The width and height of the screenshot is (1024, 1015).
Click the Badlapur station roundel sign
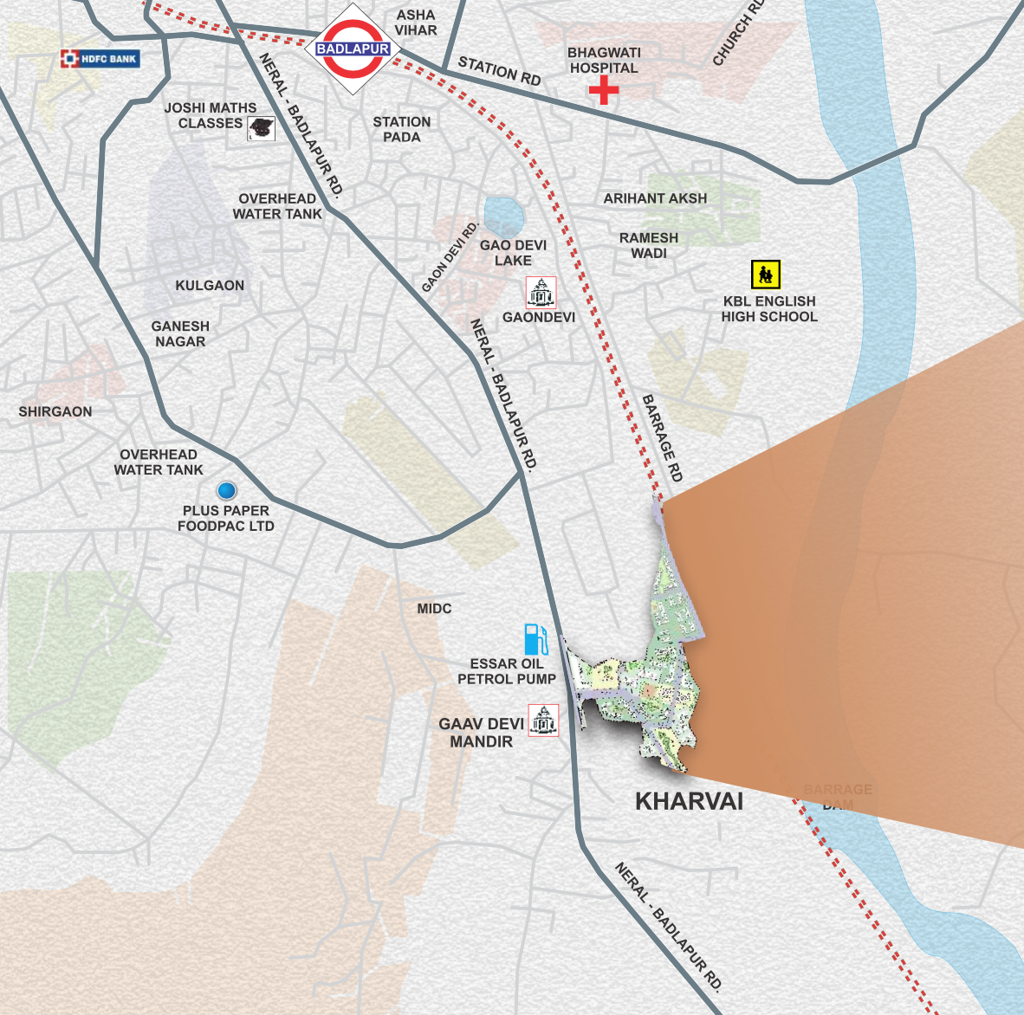point(353,49)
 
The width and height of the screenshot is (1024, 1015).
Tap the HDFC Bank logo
point(99,59)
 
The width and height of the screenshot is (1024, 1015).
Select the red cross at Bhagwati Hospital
point(604,90)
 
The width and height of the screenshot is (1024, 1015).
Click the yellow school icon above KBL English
point(765,275)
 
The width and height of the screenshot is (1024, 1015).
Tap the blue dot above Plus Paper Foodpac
point(226,491)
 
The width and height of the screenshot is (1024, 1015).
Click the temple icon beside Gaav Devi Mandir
point(543,721)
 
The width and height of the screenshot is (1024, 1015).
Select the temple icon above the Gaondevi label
point(541,293)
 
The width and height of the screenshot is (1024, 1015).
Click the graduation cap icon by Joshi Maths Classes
point(261,128)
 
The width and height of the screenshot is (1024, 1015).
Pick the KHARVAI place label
point(689,801)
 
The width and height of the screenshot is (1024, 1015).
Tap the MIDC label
point(434,609)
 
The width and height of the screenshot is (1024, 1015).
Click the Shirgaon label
point(55,411)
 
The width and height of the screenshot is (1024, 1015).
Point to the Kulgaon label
point(210,285)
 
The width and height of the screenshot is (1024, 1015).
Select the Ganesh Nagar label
point(180,333)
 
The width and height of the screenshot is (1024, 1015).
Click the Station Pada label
point(402,129)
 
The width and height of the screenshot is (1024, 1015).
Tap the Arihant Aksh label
point(655,198)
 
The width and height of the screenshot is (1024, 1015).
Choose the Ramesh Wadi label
point(649,245)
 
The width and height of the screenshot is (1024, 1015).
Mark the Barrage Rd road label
point(663,438)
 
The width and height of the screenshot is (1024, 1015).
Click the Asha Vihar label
point(416,23)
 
